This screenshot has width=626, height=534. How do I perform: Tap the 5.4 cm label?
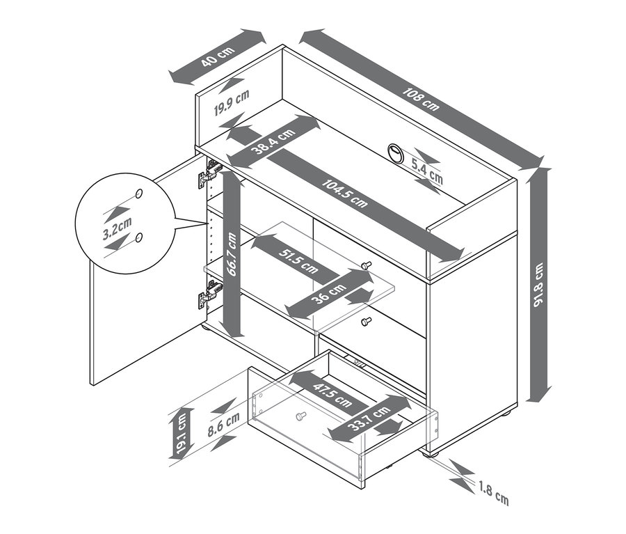[x=426, y=171]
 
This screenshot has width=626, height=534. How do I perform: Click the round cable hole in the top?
[x=394, y=152]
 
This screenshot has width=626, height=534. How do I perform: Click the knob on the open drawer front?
[x=300, y=416]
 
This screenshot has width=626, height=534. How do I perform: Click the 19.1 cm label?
[x=181, y=434]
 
